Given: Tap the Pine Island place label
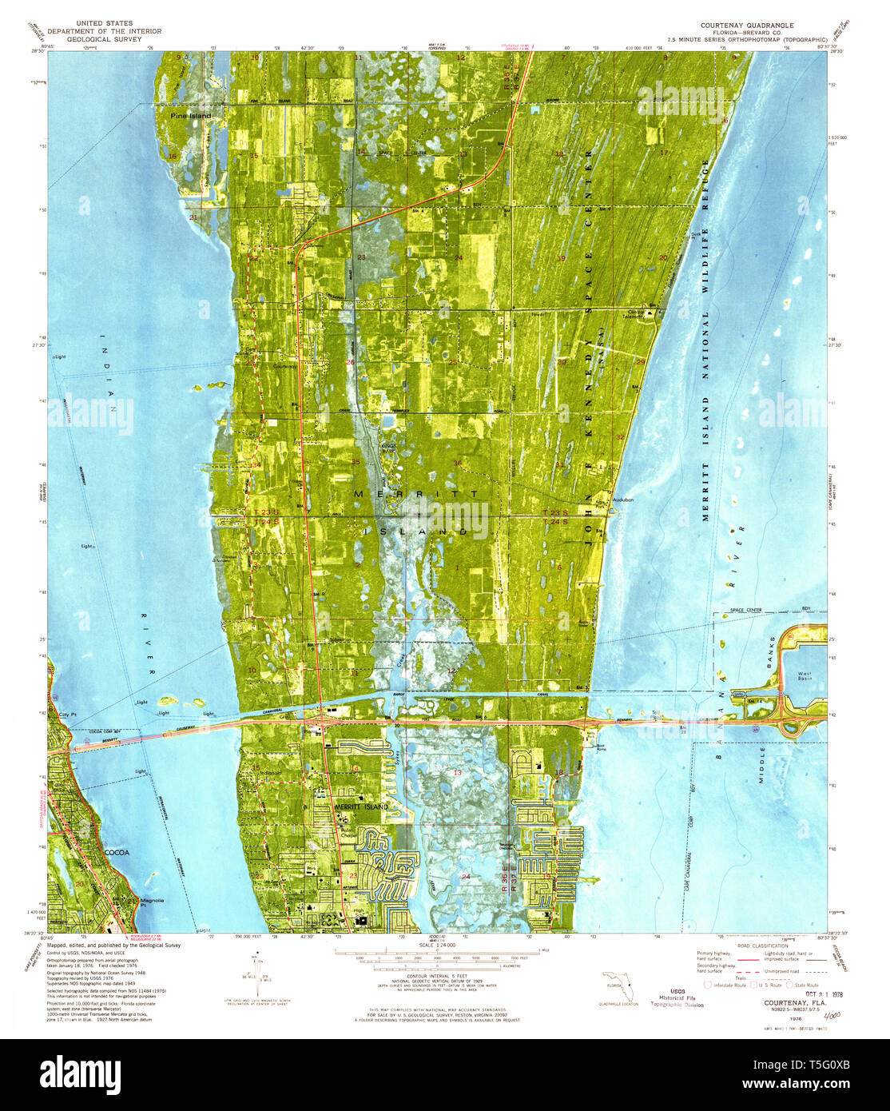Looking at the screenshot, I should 190,116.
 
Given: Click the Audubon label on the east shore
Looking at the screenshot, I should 622,500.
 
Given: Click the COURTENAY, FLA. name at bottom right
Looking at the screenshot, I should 768,1004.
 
